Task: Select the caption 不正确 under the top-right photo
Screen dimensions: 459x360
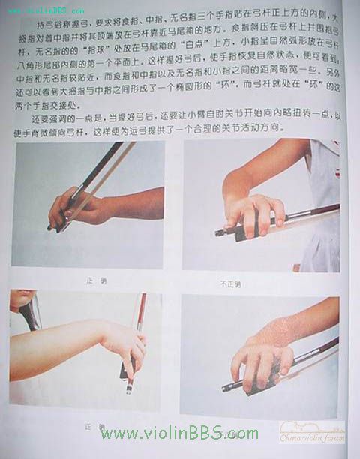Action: point(229,283)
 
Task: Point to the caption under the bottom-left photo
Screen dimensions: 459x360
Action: point(94,426)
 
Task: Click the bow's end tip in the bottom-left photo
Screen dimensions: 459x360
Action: point(129,390)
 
